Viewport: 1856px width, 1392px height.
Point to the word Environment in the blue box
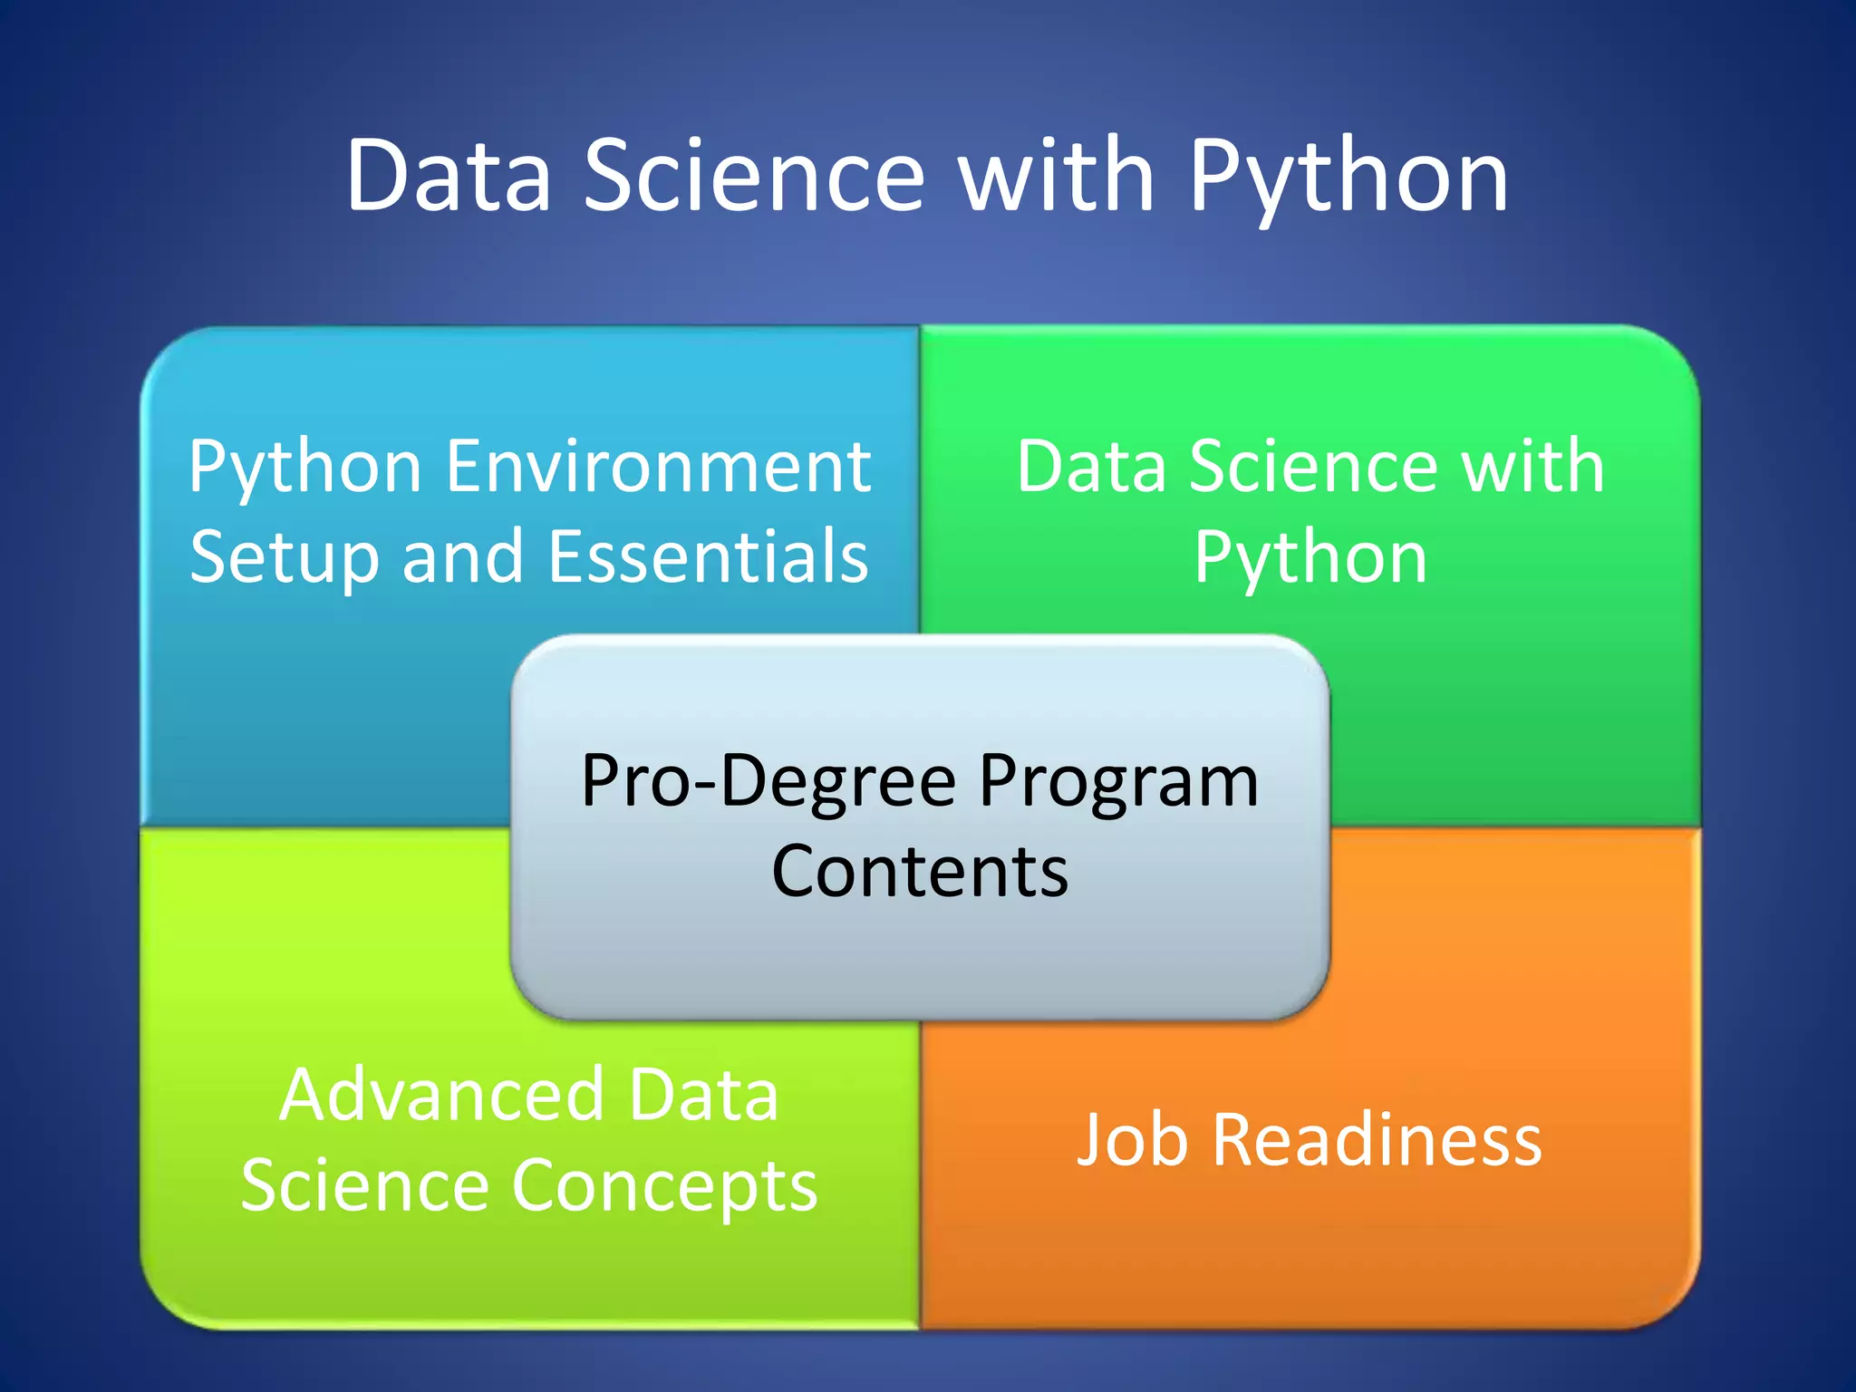pyautogui.click(x=659, y=467)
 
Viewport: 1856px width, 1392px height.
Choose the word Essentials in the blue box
pyautogui.click(x=708, y=556)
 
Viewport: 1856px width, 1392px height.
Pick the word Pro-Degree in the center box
pyautogui.click(x=768, y=781)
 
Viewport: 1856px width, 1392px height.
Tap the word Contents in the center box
pyautogui.click(x=920, y=871)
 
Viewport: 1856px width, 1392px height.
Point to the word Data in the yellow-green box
pyautogui.click(x=703, y=1096)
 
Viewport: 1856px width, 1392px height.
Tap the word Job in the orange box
pyautogui.click(x=1131, y=1140)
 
